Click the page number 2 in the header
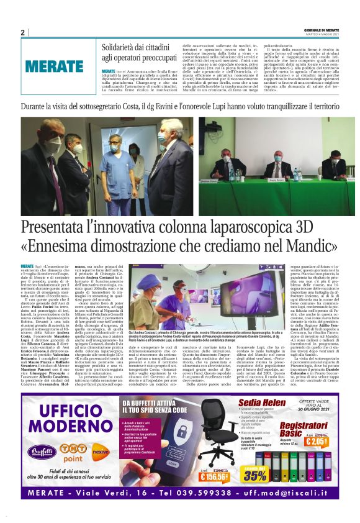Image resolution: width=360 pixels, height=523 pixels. coord(22,32)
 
